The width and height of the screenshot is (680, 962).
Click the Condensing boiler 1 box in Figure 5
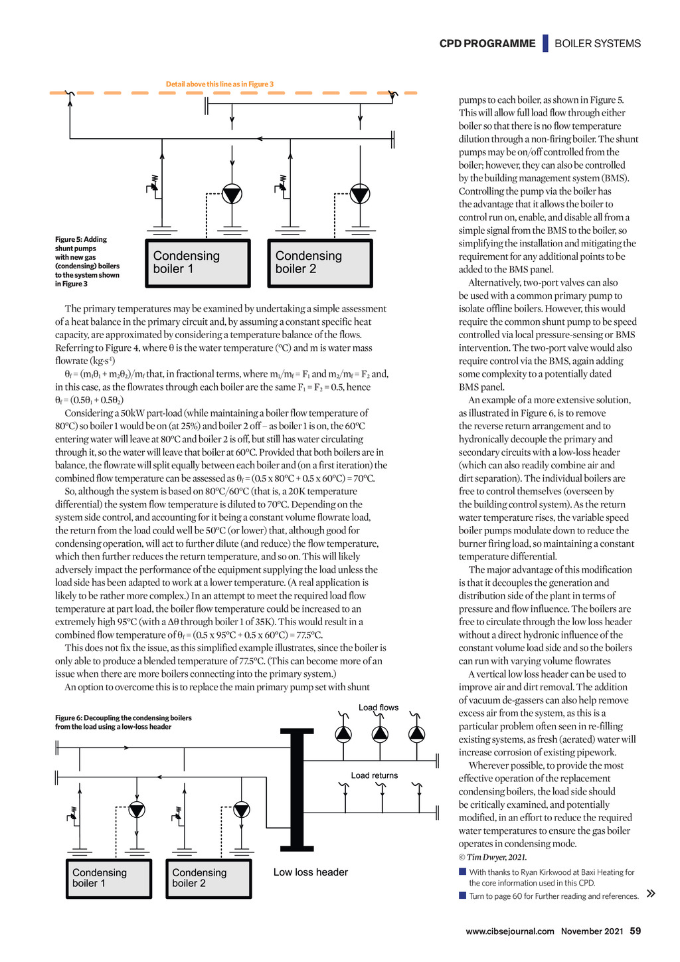[x=198, y=263]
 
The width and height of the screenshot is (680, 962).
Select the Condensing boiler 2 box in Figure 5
[x=319, y=263]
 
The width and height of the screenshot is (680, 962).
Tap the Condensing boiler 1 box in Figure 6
[x=109, y=878]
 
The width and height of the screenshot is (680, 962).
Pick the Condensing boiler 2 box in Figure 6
[x=209, y=878]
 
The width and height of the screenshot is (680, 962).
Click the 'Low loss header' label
[x=310, y=872]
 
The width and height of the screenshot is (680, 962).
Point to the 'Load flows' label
[x=379, y=708]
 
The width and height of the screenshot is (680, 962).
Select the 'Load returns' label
[x=375, y=775]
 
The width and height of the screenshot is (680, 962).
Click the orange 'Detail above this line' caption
[x=220, y=84]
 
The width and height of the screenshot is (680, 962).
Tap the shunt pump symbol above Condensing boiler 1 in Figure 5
[x=232, y=194]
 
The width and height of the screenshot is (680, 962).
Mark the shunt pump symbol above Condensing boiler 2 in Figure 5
[x=359, y=194]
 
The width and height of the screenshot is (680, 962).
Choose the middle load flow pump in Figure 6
[x=380, y=734]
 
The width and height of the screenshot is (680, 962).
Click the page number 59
[x=636, y=931]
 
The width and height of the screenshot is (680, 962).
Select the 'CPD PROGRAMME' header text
[x=487, y=44]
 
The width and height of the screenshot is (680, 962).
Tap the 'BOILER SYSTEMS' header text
[x=598, y=44]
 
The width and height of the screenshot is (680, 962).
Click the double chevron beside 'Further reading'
[x=651, y=894]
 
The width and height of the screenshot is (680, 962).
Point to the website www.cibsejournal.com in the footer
[x=510, y=931]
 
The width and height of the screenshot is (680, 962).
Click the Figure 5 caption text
[x=88, y=262]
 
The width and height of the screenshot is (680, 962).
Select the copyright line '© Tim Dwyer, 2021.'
[x=493, y=857]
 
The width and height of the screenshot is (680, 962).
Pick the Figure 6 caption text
[x=124, y=722]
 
